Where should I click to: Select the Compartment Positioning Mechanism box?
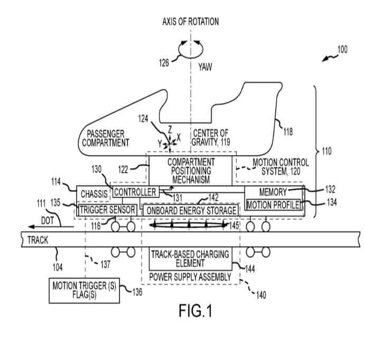191,170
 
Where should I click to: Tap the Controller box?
135,191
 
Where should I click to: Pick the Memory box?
273,192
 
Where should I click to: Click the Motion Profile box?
273,205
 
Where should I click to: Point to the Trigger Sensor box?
108,210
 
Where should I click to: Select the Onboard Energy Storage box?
191,210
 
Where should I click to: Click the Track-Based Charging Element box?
190,259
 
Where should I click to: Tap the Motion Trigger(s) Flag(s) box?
84,290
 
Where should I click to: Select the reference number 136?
136,291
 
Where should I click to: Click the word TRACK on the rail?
38,240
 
